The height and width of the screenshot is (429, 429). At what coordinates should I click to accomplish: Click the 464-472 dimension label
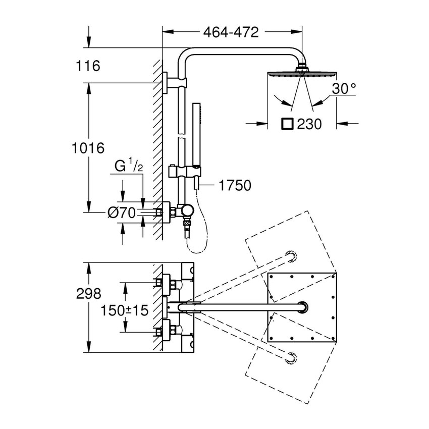(231, 32)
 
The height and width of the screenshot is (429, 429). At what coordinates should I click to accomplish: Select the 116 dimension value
(89, 66)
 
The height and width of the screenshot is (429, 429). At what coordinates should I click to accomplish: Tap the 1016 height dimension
(88, 148)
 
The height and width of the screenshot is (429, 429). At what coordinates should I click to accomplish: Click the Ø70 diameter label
(122, 213)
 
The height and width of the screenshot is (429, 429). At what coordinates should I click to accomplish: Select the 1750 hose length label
(235, 185)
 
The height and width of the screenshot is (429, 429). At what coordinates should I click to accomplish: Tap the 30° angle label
(344, 89)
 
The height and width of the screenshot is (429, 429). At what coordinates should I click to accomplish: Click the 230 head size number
(309, 124)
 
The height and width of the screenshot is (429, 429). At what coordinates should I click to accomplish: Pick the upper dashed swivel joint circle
(291, 255)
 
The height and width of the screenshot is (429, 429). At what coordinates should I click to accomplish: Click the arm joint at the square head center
(302, 306)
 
